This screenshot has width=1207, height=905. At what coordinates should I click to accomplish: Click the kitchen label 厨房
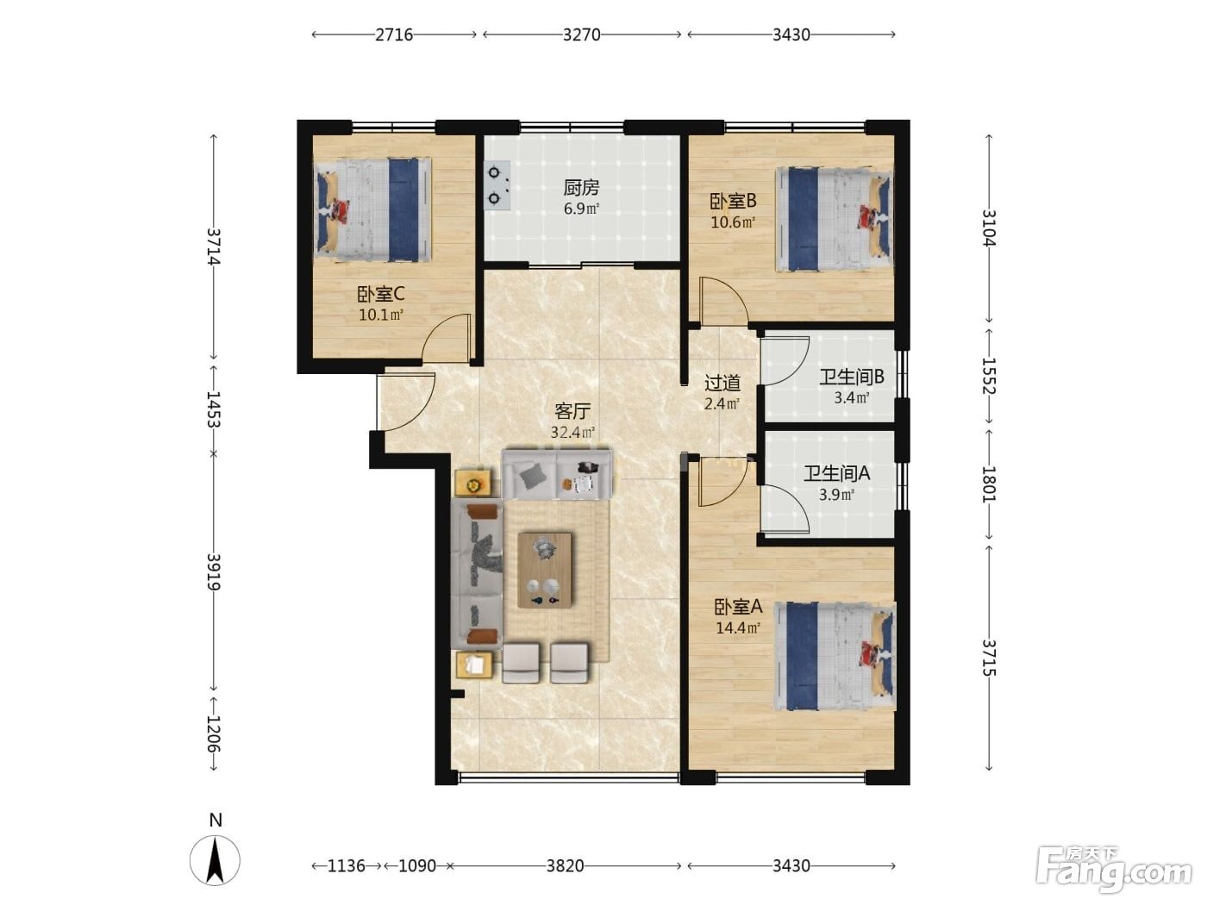point(581,188)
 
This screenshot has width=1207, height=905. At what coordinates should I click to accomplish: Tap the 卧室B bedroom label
point(733,202)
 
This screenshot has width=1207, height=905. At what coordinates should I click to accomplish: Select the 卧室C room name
point(380,295)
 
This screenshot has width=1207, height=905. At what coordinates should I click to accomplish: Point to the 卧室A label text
point(738,607)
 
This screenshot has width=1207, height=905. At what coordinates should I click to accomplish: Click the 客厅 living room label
point(572,411)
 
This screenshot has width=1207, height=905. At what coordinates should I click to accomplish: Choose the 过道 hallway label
point(722,383)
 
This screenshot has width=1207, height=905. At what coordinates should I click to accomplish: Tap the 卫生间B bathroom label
point(852,377)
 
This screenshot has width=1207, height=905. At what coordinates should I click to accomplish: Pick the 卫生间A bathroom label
point(837,473)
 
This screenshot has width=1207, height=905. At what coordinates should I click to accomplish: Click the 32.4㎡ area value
point(572,433)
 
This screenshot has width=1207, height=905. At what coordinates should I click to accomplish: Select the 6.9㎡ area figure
point(581,209)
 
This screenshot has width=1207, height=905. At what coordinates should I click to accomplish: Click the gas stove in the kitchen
point(497,184)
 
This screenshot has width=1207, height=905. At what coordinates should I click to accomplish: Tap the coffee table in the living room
point(544,570)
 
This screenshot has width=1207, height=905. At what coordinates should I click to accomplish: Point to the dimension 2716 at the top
point(394,34)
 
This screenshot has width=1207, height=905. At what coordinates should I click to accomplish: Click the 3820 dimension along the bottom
point(565,866)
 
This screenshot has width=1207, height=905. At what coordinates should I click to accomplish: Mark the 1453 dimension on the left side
point(213,409)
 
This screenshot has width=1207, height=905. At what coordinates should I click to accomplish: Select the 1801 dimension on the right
point(989,484)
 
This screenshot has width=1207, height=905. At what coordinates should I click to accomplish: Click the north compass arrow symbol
point(215,860)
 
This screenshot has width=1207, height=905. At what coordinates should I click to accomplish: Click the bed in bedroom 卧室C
point(372,209)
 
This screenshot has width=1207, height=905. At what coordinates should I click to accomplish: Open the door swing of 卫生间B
point(785,361)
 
